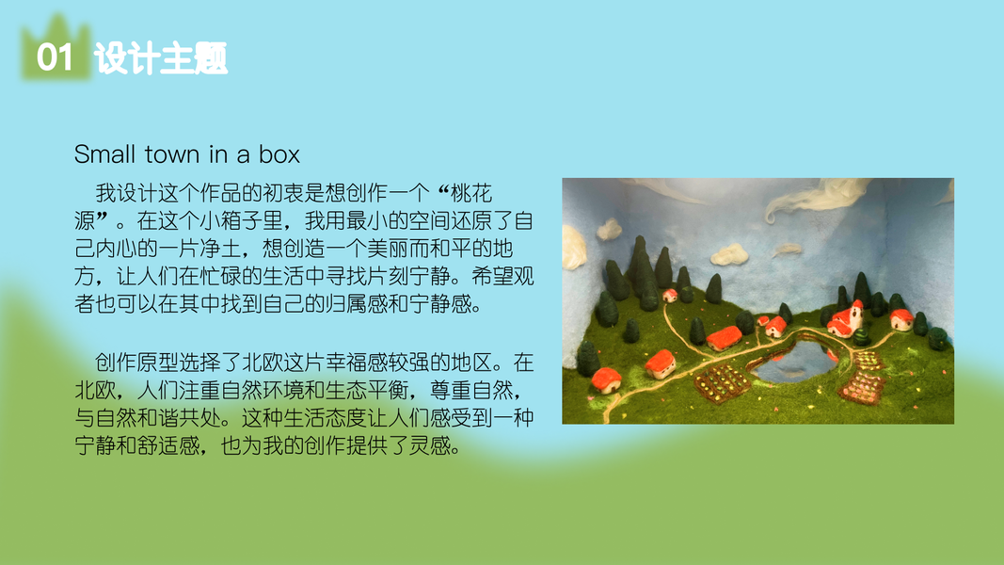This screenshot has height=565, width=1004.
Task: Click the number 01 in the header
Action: (x=55, y=57)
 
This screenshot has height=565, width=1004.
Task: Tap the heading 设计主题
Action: (x=161, y=58)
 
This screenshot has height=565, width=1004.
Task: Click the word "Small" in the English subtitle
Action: (x=104, y=154)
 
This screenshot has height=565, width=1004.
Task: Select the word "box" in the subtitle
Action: (x=279, y=154)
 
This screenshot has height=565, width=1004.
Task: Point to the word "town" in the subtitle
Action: (x=171, y=155)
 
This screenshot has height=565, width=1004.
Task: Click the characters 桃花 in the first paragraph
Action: (x=471, y=193)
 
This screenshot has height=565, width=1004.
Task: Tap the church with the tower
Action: (x=847, y=318)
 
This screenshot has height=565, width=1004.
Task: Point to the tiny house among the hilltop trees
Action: (x=670, y=296)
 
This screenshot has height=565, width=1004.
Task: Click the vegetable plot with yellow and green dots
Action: (x=722, y=382)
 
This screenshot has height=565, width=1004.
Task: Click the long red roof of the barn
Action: (x=725, y=335)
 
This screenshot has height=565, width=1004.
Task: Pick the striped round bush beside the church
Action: (x=862, y=336)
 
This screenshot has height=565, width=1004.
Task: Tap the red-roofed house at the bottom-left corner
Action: (x=606, y=379)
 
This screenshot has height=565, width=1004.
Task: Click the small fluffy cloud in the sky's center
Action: (x=729, y=254)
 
